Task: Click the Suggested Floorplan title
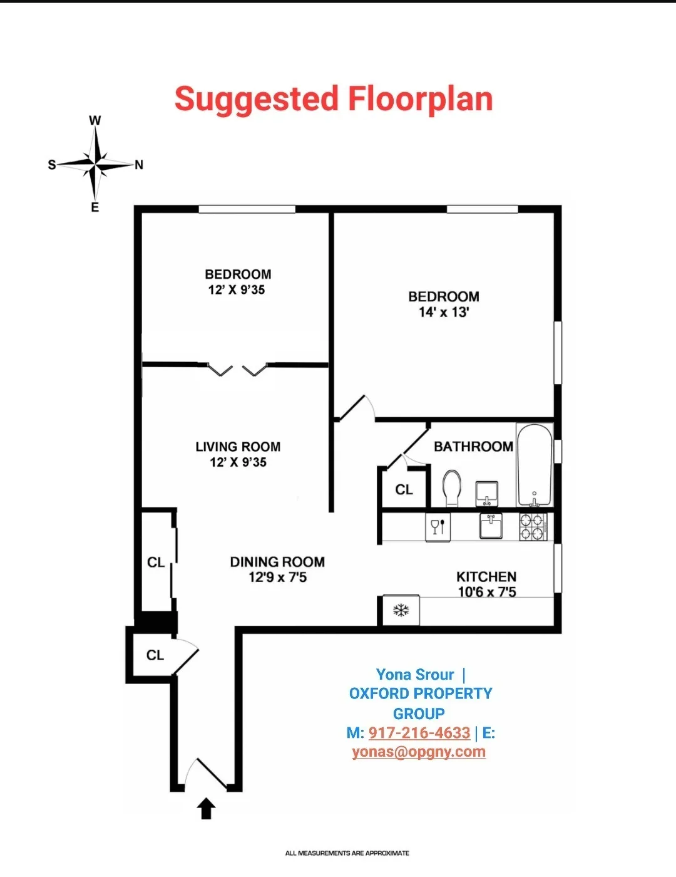point(334,100)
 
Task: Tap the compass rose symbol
point(95,164)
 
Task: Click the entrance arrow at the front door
point(207,809)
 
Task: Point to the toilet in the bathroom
point(452,487)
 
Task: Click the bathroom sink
point(487,493)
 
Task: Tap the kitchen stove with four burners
point(533,527)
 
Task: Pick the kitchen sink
point(491,526)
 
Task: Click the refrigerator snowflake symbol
point(401,610)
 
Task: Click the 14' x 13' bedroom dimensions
point(444,312)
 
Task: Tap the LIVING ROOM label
point(238,447)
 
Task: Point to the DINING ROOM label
point(277,562)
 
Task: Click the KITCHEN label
point(486,576)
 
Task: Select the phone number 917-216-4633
point(419,732)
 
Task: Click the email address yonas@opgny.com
point(419,752)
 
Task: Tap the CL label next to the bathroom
point(404,490)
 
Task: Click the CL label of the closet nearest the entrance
point(155,655)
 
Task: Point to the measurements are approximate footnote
point(347,853)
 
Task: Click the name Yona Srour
point(415,675)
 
